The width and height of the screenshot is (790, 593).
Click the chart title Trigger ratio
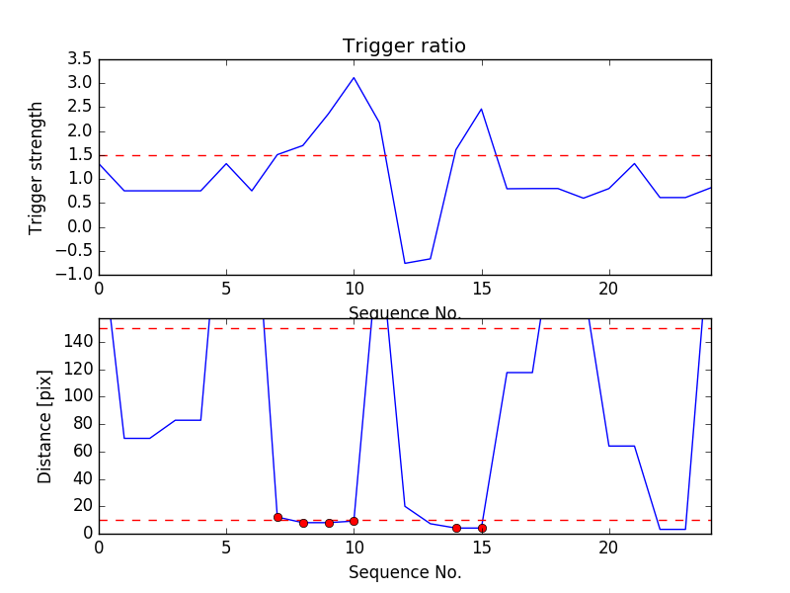(x=404, y=45)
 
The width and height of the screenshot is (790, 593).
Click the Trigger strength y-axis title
(x=36, y=168)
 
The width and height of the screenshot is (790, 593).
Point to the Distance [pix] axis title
(x=44, y=427)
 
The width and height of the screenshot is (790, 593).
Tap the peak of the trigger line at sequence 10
(x=354, y=78)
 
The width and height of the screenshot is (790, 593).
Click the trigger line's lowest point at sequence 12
(x=405, y=263)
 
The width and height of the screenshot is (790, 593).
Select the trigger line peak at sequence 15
(x=482, y=109)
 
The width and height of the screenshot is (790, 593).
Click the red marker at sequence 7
(x=277, y=517)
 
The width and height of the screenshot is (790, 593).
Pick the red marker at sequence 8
(x=303, y=524)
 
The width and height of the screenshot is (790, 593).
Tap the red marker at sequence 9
(x=329, y=524)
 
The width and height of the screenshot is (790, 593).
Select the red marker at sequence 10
(x=354, y=522)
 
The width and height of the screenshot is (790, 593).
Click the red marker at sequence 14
(x=456, y=529)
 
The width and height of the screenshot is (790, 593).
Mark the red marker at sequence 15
(x=482, y=529)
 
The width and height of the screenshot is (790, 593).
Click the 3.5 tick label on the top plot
(x=80, y=59)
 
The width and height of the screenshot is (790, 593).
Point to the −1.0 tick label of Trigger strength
(x=74, y=275)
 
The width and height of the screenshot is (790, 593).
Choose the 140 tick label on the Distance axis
(x=78, y=342)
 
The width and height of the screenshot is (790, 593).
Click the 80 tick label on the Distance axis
(x=83, y=424)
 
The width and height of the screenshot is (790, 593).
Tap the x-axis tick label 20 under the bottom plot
(x=608, y=548)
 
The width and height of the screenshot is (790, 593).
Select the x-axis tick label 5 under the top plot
(x=226, y=289)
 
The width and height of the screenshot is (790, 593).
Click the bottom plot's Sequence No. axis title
(x=405, y=572)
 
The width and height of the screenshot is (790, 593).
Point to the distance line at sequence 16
(x=507, y=373)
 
